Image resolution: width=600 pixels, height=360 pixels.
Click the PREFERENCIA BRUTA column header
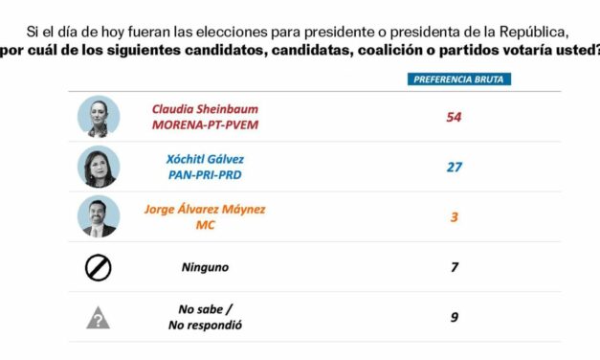456,79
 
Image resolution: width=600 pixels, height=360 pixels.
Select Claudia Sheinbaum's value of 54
455,117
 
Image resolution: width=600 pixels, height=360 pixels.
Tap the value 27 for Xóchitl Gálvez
455,168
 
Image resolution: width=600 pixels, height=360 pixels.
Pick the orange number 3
455,217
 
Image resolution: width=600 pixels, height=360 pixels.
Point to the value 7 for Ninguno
455,267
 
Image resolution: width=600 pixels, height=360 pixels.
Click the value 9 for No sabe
455,317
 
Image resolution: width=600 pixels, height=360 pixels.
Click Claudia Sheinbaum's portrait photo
99,117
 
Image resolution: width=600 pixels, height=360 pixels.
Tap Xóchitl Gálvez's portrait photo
99,167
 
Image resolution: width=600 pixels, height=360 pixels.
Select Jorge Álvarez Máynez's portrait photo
99,216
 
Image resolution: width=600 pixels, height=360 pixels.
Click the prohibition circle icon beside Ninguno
99,267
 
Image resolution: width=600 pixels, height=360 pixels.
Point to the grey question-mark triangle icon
99,318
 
